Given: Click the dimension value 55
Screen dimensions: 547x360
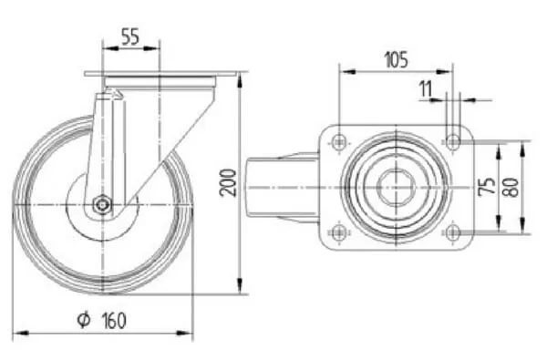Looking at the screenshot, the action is (130, 36).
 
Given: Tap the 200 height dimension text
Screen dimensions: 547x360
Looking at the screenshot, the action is (228, 182).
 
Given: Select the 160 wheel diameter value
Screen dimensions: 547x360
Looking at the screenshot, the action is (114, 321).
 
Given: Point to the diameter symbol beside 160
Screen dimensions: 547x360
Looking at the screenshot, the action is (84, 320).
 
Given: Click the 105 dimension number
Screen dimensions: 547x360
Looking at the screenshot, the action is (396, 60).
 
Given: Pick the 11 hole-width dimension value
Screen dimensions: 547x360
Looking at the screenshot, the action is (426, 88).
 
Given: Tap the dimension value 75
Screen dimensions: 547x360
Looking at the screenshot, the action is (487, 186).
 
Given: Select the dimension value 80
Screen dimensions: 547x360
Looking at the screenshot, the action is (511, 188).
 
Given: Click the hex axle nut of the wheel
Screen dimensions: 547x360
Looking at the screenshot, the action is (102, 204).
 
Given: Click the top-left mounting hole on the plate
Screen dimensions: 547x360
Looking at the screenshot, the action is (338, 141).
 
